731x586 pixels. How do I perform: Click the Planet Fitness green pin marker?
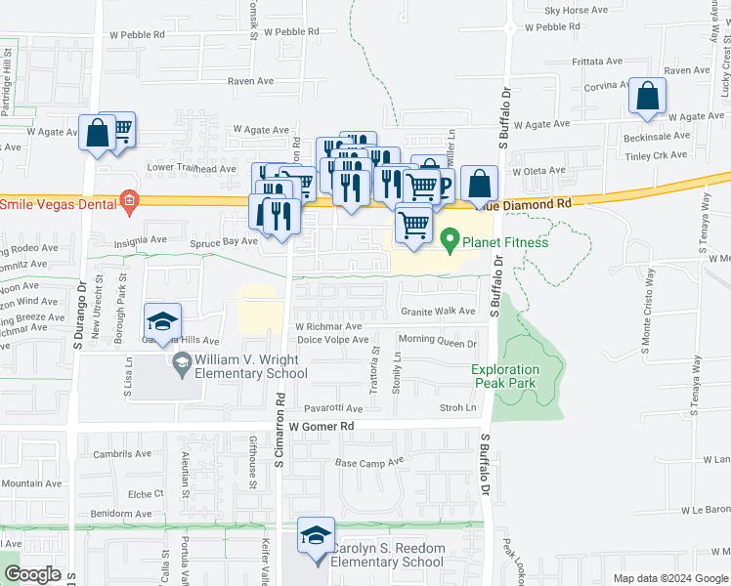[x=451, y=237]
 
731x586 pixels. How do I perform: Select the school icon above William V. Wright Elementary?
[x=163, y=321]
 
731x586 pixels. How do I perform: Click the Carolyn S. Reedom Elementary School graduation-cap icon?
[x=316, y=536]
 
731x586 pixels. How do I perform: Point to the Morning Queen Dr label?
[x=437, y=343]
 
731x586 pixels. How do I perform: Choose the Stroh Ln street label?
[x=457, y=407]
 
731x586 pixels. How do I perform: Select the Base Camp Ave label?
[x=368, y=462]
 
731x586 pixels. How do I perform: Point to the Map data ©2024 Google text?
[x=670, y=578]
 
